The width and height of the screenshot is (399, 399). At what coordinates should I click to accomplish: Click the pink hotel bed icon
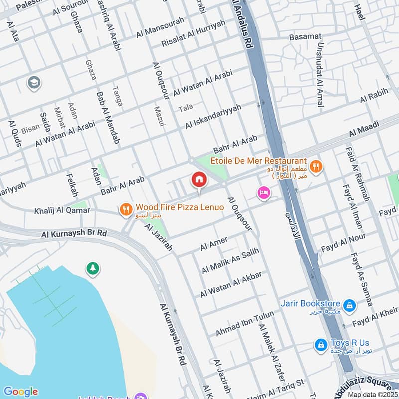pyautogui.click(x=262, y=192)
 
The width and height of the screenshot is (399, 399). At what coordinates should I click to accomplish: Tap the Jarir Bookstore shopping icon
pyautogui.click(x=350, y=304)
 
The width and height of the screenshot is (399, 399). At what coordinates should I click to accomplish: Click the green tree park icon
pyautogui.click(x=93, y=269)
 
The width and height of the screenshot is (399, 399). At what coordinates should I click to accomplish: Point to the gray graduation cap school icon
pyautogui.click(x=34, y=82)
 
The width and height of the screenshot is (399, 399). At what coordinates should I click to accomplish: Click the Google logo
pyautogui.click(x=20, y=392)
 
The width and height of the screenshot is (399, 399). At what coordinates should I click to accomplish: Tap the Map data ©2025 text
pyautogui.click(x=372, y=394)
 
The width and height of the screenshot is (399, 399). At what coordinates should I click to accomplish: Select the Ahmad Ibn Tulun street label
pyautogui.click(x=238, y=323)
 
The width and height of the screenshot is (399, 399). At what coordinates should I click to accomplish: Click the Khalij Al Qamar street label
pyautogui.click(x=62, y=211)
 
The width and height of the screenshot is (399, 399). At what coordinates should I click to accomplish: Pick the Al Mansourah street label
pyautogui.click(x=160, y=27)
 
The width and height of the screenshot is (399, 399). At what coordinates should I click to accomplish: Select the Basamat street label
pyautogui.click(x=306, y=38)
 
